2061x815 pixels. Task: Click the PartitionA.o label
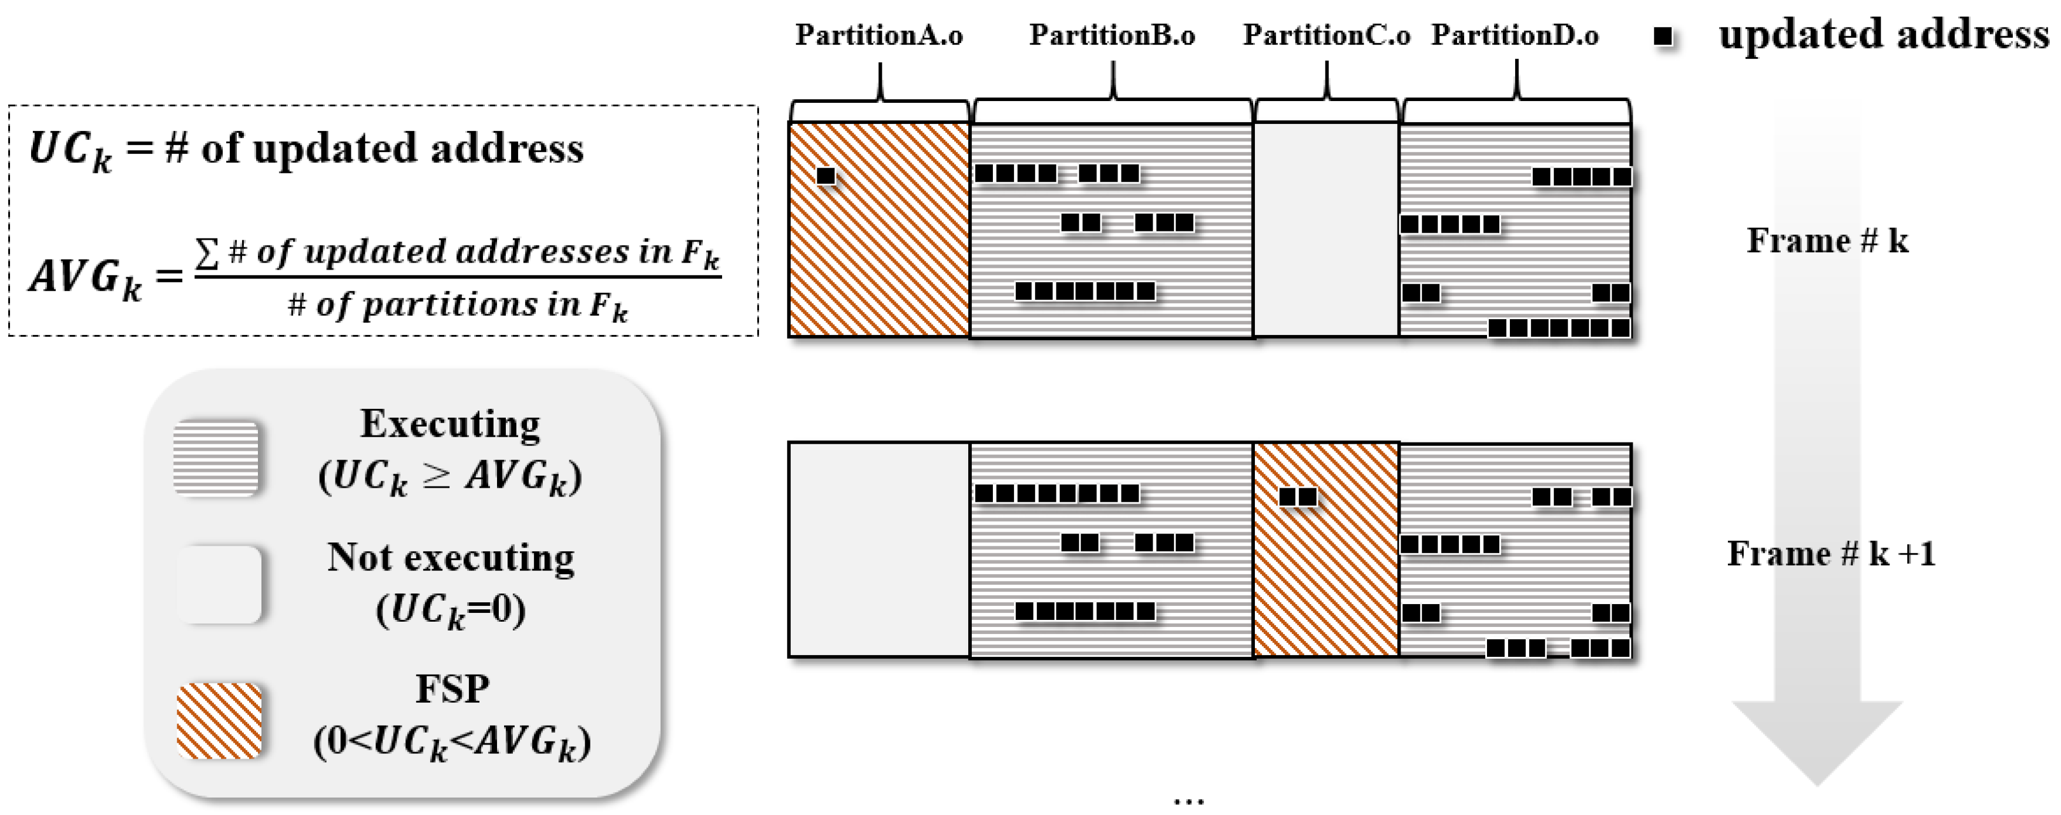pos(878,35)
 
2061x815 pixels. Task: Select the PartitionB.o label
pos(1112,35)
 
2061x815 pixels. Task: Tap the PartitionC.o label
pos(1326,35)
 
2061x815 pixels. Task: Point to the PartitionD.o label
pos(1515,35)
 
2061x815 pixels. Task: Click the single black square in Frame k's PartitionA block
pos(825,175)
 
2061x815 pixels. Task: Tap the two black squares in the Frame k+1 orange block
pos(1297,497)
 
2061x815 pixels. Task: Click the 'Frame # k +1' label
pos(1831,554)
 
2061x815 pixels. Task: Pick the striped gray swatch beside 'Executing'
pos(216,458)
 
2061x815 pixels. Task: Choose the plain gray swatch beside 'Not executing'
pos(219,585)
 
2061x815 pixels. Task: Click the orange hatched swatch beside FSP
pos(219,720)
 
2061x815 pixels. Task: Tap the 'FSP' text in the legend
pos(452,689)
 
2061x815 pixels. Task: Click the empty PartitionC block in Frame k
pos(1326,230)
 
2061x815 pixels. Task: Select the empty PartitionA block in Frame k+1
pos(878,549)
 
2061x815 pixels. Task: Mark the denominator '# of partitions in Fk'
pos(458,306)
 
